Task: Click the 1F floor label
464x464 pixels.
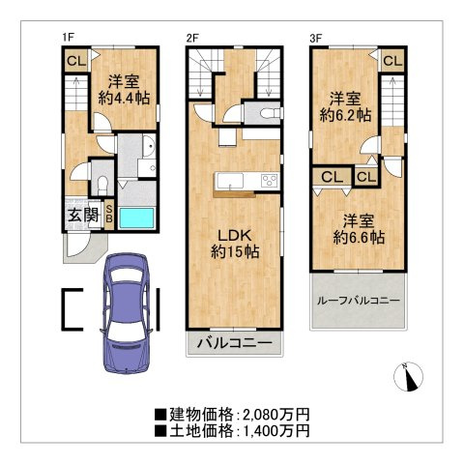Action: (69, 38)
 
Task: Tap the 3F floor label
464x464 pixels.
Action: (316, 39)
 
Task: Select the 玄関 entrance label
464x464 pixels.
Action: (83, 215)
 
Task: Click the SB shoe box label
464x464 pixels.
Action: (109, 214)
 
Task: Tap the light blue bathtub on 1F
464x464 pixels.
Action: (137, 218)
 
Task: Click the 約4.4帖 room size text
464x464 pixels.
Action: (124, 98)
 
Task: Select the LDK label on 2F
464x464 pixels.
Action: (235, 236)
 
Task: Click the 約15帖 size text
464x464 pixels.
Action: (235, 251)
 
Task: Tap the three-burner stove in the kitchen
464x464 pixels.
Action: (270, 180)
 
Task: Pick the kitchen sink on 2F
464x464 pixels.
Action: (230, 181)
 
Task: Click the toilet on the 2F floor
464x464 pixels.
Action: (270, 113)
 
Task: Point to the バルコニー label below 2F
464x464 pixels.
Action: (235, 343)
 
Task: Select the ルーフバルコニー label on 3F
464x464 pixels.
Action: (359, 301)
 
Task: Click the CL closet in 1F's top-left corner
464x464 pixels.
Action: (76, 61)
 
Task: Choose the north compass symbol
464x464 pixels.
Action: (409, 377)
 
